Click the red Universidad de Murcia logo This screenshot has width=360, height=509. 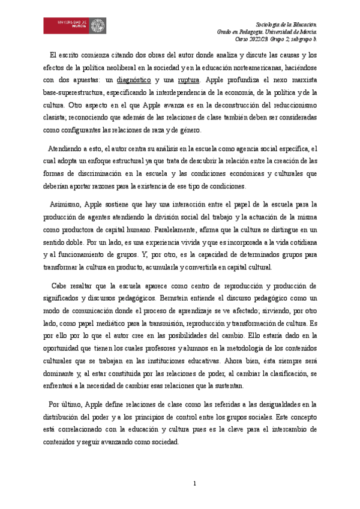(x=75, y=25)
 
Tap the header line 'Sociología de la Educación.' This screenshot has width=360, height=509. (x=286, y=22)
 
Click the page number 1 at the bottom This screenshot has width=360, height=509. (x=194, y=483)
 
